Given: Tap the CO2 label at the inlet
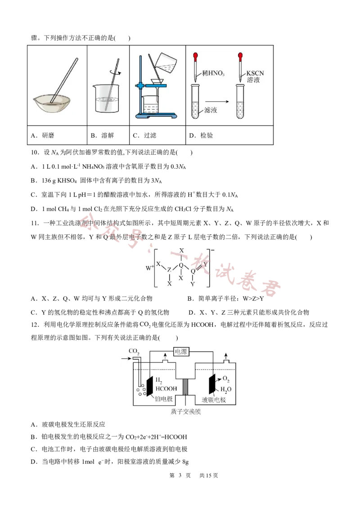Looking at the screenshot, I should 134,351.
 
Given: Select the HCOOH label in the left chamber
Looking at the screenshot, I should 166,388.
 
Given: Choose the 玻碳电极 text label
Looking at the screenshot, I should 213,399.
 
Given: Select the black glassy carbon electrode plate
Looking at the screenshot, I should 211,385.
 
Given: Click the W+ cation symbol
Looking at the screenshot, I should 150,268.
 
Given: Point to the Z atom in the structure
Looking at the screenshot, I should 169,270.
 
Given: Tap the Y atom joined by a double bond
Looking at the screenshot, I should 205,265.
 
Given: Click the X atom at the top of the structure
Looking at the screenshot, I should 181,250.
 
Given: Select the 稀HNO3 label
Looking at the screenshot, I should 213,73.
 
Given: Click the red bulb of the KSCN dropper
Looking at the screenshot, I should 241,57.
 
